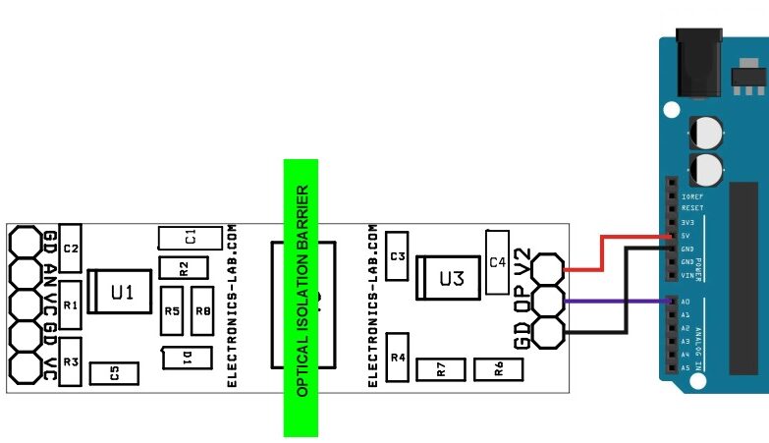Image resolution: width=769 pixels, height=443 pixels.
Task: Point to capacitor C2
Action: (71, 249)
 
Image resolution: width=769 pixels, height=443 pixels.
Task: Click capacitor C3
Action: (397, 257)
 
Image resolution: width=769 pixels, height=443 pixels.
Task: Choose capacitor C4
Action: (496, 262)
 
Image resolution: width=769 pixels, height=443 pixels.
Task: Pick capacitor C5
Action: (114, 373)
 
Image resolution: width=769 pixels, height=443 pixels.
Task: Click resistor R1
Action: (71, 305)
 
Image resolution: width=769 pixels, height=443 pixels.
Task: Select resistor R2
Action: (184, 267)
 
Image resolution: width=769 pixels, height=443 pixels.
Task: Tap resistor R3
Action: (71, 361)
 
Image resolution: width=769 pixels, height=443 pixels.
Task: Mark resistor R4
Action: (398, 359)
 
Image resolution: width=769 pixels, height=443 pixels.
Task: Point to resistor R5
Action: (172, 311)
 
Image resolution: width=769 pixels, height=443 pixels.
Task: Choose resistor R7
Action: (442, 369)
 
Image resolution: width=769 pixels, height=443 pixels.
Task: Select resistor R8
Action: (203, 311)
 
